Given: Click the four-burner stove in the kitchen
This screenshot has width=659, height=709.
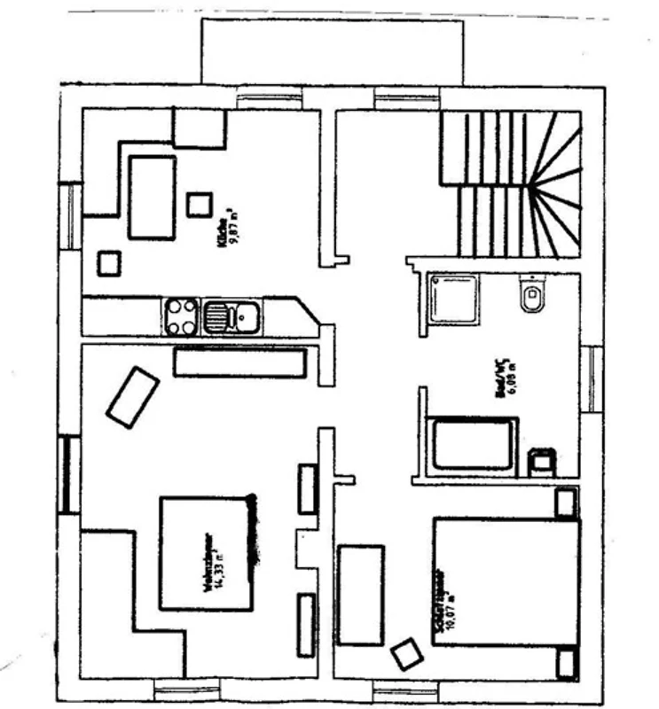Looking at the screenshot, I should [x=182, y=316].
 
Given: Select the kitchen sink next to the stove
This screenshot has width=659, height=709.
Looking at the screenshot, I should [x=231, y=316].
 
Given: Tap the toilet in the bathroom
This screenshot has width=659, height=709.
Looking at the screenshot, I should [x=530, y=298].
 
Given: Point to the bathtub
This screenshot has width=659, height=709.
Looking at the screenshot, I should [x=474, y=444].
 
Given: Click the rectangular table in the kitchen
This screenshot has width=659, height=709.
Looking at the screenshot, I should [x=152, y=197].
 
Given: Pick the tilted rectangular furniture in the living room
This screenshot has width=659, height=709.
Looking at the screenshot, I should [x=133, y=396].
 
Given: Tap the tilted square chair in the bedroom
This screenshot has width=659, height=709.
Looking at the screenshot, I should [x=408, y=655].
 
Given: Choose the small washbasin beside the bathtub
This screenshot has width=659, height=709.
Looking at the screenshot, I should [x=540, y=462].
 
